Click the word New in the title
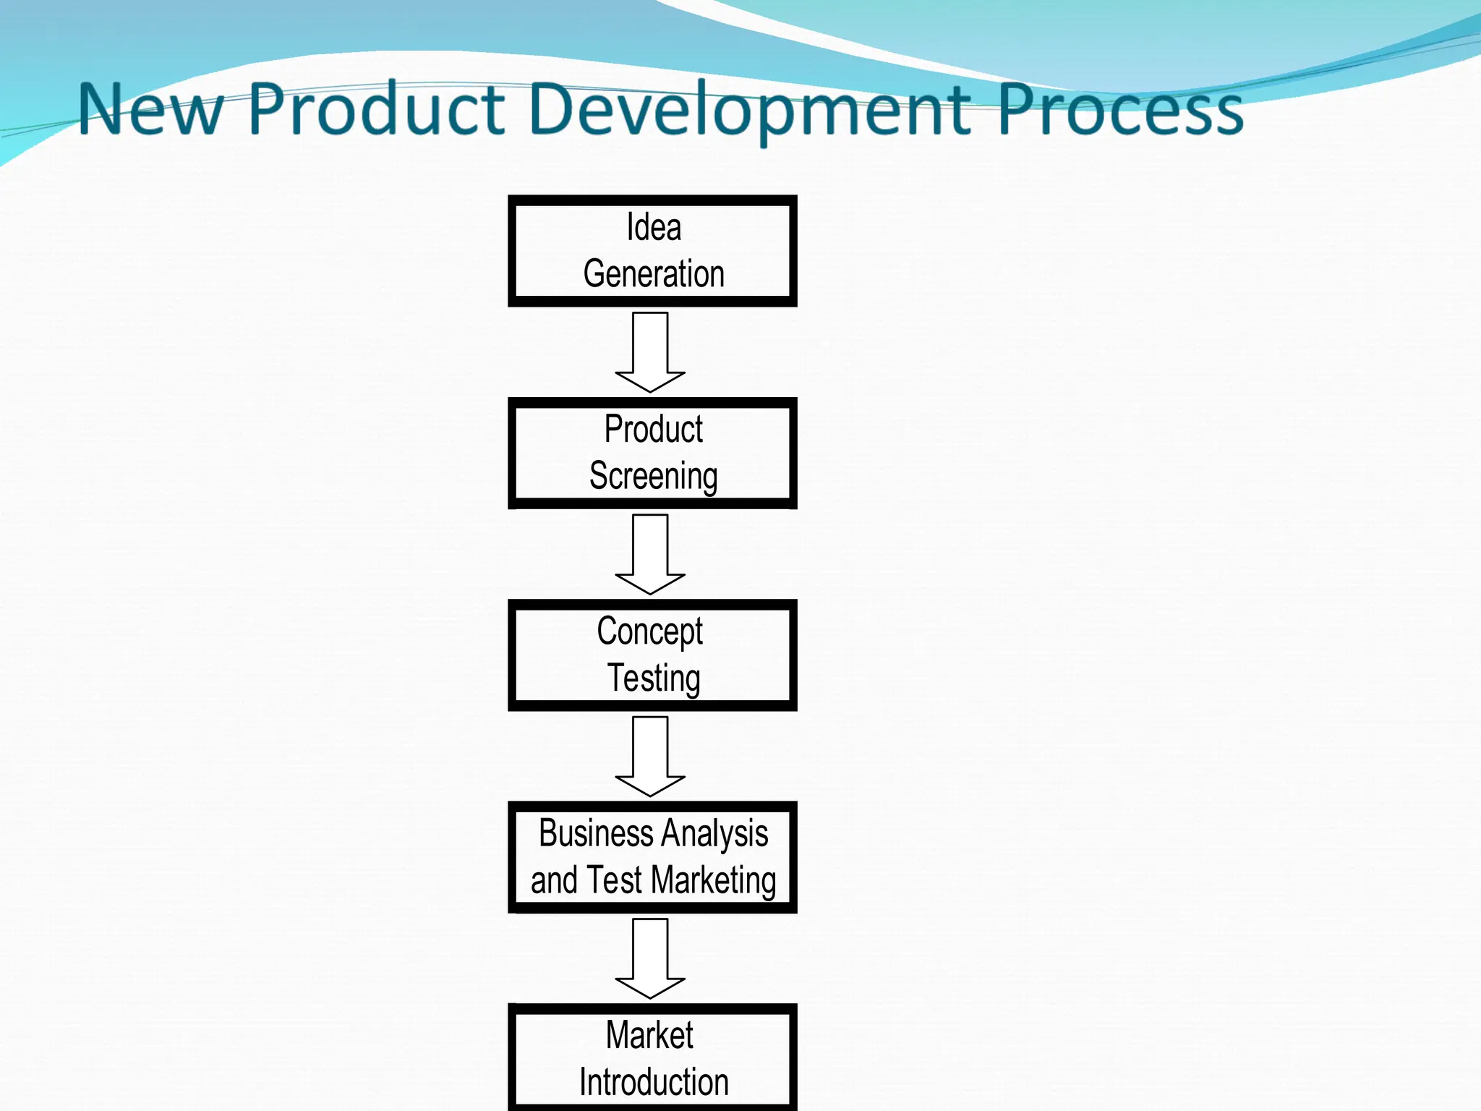click(150, 110)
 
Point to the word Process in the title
click(1120, 110)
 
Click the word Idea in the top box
click(654, 228)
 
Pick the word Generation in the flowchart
click(654, 274)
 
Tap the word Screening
click(654, 477)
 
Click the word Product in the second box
click(654, 430)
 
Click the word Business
click(596, 833)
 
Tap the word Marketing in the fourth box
click(713, 881)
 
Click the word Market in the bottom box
click(649, 1035)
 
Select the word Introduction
click(654, 1083)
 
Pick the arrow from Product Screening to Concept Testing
click(650, 554)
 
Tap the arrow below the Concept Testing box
click(650, 756)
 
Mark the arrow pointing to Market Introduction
click(650, 958)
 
